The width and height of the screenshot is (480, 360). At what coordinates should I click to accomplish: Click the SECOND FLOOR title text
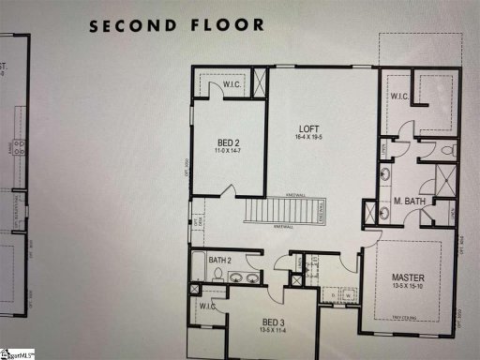(176, 24)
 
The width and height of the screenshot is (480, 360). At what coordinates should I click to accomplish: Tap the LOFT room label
(309, 128)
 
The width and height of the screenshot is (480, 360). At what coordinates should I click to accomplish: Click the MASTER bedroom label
(409, 277)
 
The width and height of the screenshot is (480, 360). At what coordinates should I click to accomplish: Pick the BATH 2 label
(220, 260)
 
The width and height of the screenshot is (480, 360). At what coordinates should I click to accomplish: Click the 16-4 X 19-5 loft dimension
(309, 137)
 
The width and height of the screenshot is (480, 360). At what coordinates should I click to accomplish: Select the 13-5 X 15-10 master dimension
(409, 287)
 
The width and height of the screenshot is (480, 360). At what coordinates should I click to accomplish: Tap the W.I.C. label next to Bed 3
(208, 307)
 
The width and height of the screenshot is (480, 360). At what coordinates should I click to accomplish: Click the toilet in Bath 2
(218, 276)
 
